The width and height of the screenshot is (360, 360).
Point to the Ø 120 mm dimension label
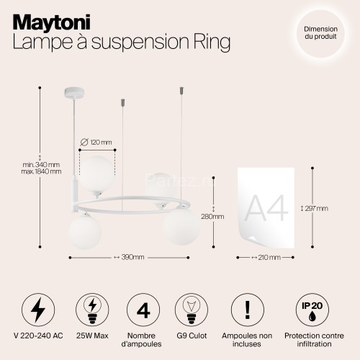tap(96, 141)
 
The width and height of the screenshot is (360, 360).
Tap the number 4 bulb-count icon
tap(143, 309)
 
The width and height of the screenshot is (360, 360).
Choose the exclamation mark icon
tap(246, 309)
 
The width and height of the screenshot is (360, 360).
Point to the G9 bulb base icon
tap(194, 309)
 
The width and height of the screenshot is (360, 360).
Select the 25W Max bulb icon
tap(91, 309)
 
